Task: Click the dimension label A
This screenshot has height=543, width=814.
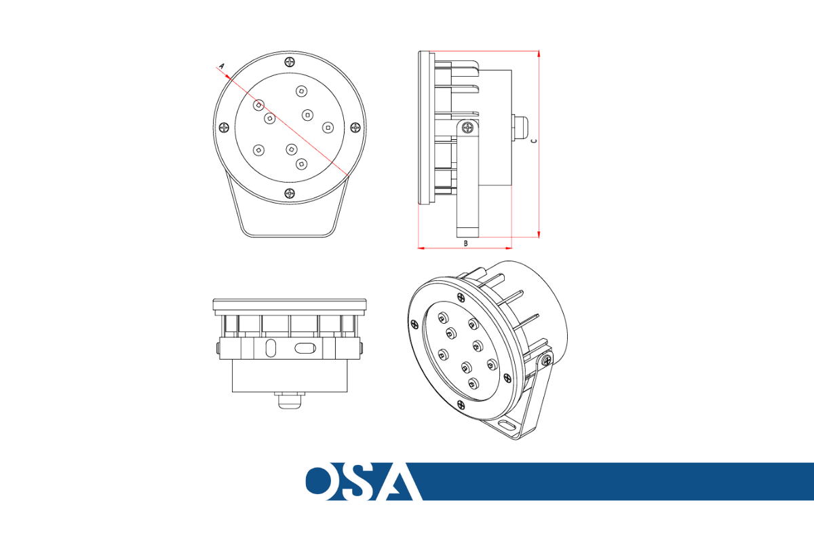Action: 222,67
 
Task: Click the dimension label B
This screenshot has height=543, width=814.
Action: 466,243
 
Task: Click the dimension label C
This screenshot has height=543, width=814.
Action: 534,141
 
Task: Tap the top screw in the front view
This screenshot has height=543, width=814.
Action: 290,62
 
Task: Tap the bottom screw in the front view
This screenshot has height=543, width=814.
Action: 290,193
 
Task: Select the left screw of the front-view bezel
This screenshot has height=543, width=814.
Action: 225,128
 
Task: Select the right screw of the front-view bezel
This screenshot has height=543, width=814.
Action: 355,128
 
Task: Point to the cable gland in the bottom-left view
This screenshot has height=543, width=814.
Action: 290,399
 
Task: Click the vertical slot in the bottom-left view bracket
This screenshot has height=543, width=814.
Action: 271,348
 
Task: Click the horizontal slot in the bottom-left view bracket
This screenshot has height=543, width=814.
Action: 305,348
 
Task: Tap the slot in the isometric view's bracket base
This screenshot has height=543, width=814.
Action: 507,425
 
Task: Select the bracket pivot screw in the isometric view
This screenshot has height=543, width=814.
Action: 546,360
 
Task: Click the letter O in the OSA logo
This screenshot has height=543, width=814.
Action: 319,481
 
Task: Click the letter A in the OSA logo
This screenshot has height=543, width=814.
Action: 397,481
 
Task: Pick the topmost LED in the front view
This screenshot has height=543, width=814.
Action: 301,91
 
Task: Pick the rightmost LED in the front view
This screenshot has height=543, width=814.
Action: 328,128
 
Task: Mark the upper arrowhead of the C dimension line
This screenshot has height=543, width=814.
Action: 539,54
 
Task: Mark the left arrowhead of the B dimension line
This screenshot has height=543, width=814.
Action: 421,248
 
